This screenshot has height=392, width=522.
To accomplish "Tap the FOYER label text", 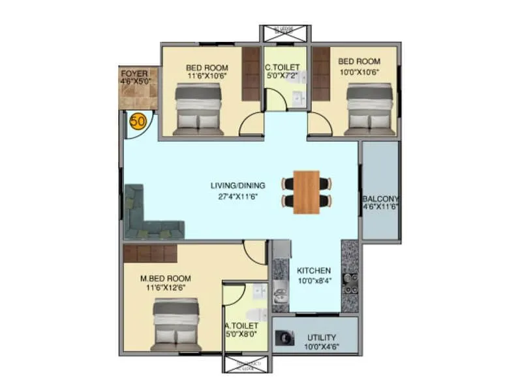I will click(x=134, y=73).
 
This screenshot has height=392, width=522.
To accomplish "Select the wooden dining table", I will click(x=307, y=192).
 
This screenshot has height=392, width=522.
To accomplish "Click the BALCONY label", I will click(x=381, y=199).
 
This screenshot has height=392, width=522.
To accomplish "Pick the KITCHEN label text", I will click(x=314, y=270).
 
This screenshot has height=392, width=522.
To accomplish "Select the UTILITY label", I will click(x=322, y=338).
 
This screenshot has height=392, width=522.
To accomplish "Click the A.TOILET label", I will click(x=242, y=325).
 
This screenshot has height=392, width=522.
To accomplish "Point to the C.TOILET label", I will click(x=282, y=67).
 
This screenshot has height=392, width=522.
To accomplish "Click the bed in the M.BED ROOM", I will click(x=176, y=324).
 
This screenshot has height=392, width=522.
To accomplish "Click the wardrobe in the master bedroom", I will click(x=151, y=253).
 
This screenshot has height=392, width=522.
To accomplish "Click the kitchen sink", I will click(x=280, y=290).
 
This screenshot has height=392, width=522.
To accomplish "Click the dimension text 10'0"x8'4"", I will click(x=314, y=280).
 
